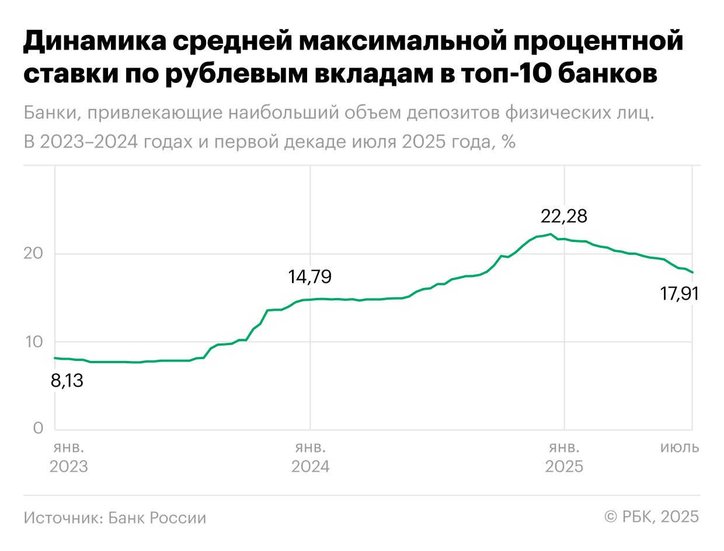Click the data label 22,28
[563, 217]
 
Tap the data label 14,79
[309, 276]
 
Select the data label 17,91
[679, 294]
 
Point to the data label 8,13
[67, 381]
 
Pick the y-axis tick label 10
[34, 342]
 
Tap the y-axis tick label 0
[39, 429]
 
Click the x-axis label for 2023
[69, 466]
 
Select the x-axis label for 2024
[310, 466]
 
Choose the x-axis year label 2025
[563, 466]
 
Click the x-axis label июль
[680, 448]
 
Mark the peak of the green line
[551, 234]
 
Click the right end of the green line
[692, 272]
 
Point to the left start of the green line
[54, 358]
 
